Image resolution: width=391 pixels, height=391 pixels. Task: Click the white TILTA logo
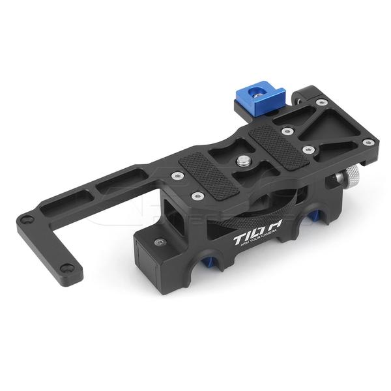point(250,239)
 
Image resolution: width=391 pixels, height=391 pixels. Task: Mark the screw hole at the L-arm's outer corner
point(26,220)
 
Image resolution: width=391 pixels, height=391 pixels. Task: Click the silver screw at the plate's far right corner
point(369,142)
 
